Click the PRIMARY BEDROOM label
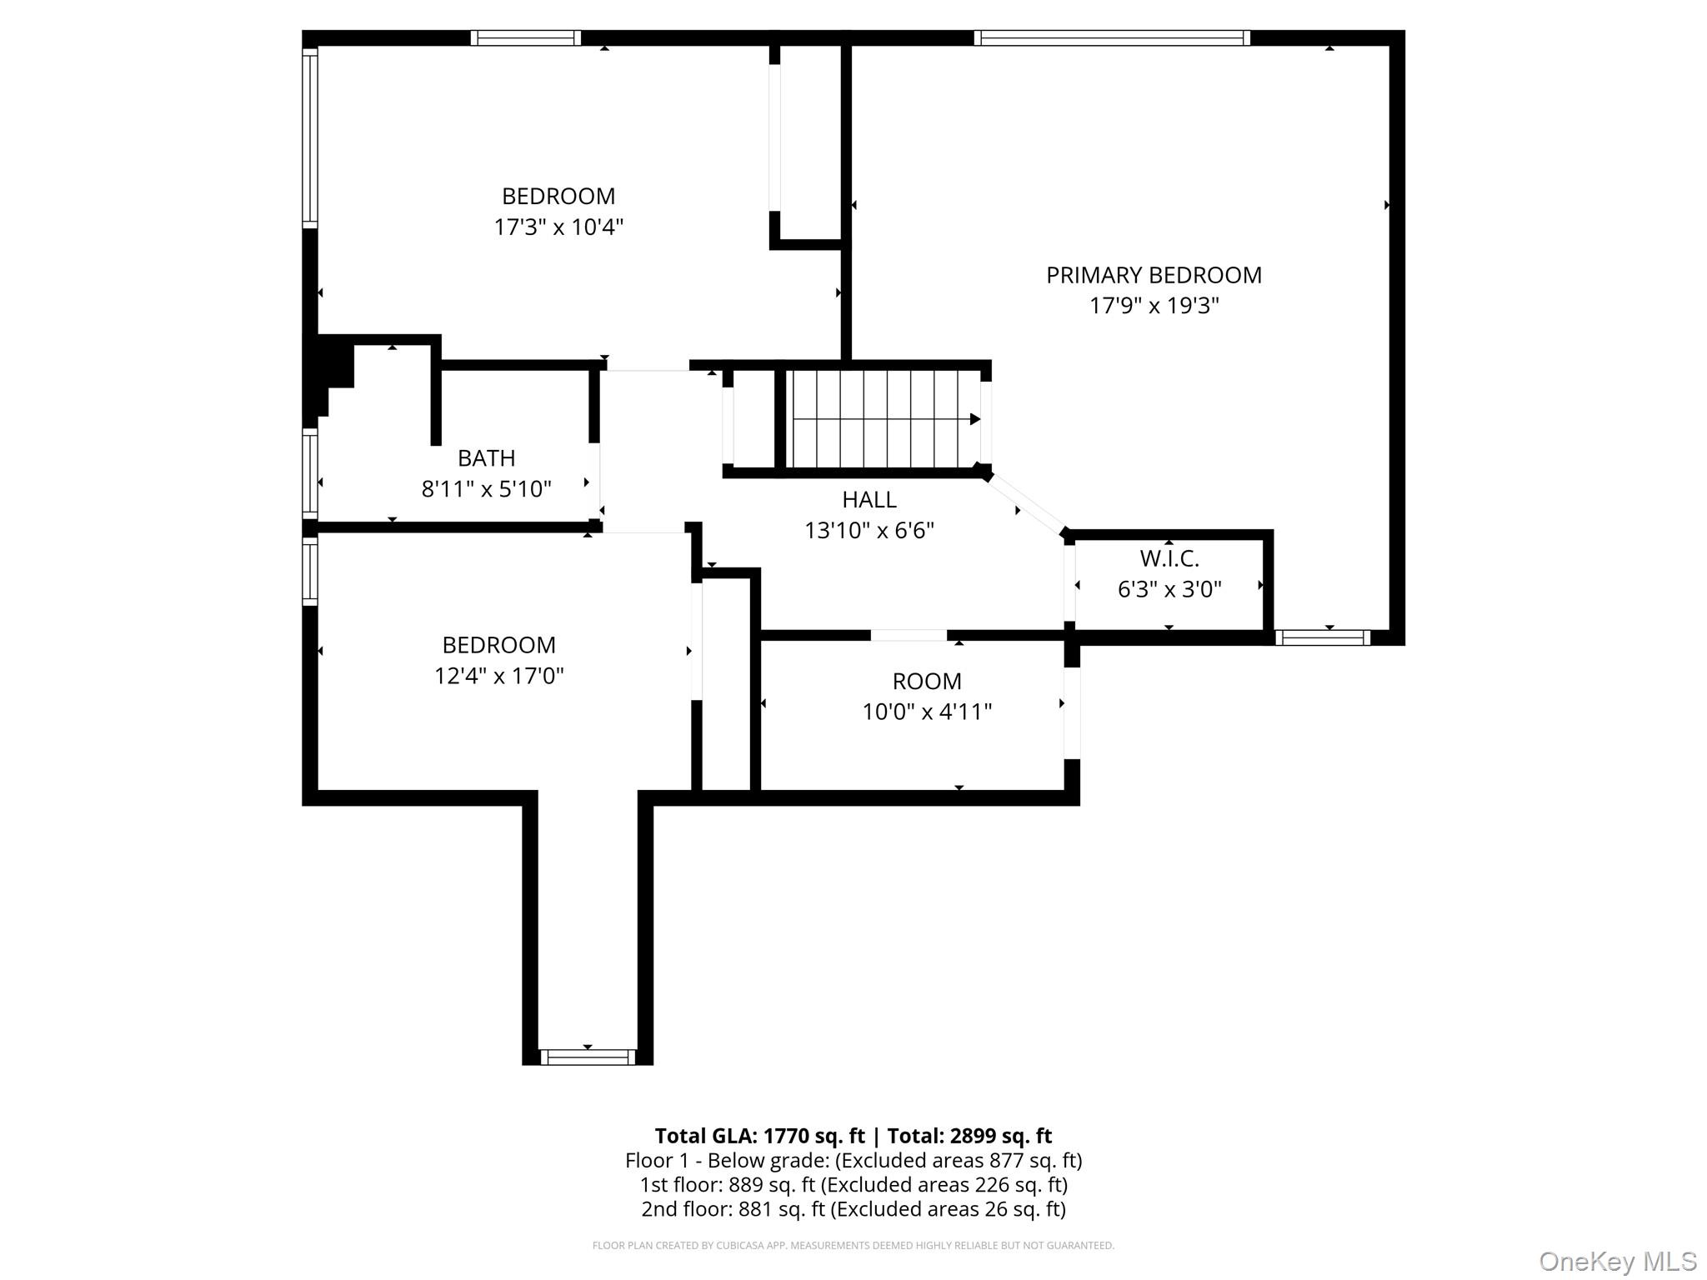click(x=1154, y=275)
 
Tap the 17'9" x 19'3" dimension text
click(x=1154, y=306)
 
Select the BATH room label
click(x=487, y=458)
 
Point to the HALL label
click(x=869, y=500)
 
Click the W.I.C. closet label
click(x=1169, y=558)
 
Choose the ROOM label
click(x=927, y=682)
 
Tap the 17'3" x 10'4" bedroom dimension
click(x=558, y=227)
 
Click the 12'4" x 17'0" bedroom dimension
click(x=498, y=676)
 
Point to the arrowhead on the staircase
click(x=975, y=419)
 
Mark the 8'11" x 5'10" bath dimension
click(x=487, y=489)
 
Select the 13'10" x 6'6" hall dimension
click(x=869, y=531)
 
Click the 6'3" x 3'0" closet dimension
click(x=1169, y=590)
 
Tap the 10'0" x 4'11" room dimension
click(x=927, y=712)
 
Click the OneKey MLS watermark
click(x=1618, y=1261)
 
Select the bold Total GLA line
click(x=853, y=1136)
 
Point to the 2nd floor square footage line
click(x=853, y=1209)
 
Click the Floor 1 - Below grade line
click(x=853, y=1160)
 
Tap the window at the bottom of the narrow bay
click(x=588, y=1057)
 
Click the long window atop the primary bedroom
click(x=1112, y=37)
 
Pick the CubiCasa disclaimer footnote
click(x=853, y=1246)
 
